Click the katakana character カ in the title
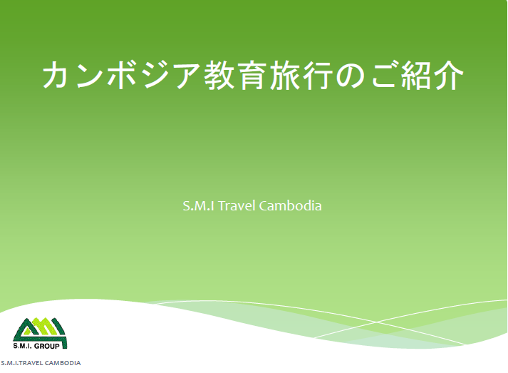click(x=58, y=75)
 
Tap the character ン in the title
click(x=90, y=75)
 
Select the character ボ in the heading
click(x=122, y=75)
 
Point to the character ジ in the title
click(x=155, y=75)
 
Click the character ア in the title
click(x=187, y=76)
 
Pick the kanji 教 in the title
click(x=219, y=75)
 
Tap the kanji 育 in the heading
click(x=252, y=75)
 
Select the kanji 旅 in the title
click(x=284, y=75)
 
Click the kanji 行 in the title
click(x=317, y=75)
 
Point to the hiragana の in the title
click(x=351, y=76)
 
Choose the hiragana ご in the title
click(x=384, y=75)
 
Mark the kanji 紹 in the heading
click(x=416, y=75)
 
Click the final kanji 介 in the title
click(x=449, y=75)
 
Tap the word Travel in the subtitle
click(x=237, y=205)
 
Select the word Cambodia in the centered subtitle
click(x=290, y=205)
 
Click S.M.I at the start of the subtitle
click(x=199, y=206)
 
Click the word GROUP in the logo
click(x=47, y=346)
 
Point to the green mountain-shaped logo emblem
click(x=40, y=333)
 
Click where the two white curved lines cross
click(x=375, y=322)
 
